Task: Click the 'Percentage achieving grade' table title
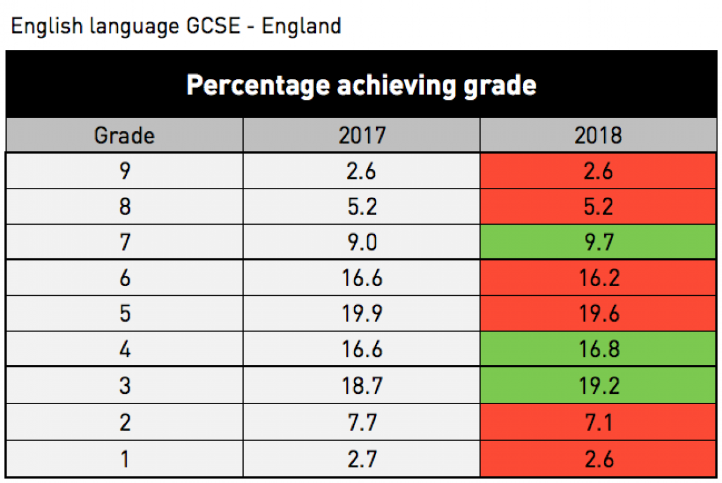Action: pos(361,85)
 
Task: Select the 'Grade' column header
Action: pos(124,136)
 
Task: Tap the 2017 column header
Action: pos(361,136)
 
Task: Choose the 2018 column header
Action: pos(598,136)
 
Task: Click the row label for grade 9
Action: pos(124,171)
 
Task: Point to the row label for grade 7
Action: pos(124,243)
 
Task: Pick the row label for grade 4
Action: pos(124,350)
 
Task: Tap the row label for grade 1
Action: pos(124,459)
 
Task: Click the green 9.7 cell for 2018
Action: pos(598,243)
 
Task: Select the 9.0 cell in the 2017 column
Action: pos(361,243)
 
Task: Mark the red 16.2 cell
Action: pos(598,278)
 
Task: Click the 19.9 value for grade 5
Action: pos(361,314)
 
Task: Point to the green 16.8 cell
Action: pos(598,350)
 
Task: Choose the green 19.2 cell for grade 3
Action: pos(598,386)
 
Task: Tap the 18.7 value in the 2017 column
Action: pos(361,386)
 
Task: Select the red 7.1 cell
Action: pos(598,422)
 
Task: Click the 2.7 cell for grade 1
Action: pos(361,459)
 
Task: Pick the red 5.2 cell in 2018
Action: pos(598,207)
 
